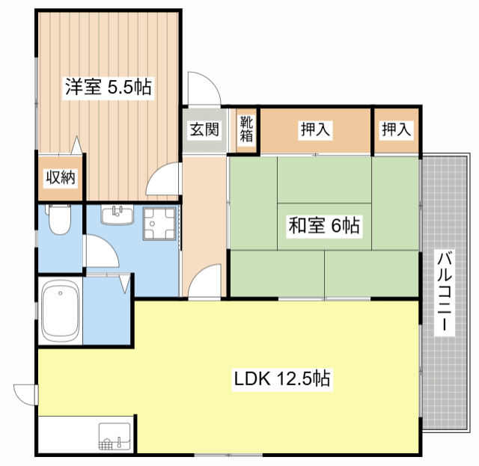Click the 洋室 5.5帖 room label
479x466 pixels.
(109, 88)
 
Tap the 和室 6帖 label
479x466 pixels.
(324, 225)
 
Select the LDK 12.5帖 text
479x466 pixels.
(282, 378)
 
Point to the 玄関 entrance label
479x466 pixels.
(204, 129)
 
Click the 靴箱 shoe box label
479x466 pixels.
(246, 129)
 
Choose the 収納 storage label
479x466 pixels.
(61, 177)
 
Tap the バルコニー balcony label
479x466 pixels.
(444, 292)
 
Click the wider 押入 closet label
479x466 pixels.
(315, 129)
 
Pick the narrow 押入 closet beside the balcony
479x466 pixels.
(396, 129)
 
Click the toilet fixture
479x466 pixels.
(60, 218)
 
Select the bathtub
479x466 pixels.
(60, 311)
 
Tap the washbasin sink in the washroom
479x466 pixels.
(118, 215)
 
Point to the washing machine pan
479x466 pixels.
(159, 224)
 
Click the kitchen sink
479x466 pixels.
(115, 436)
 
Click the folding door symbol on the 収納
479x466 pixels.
(76, 145)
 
